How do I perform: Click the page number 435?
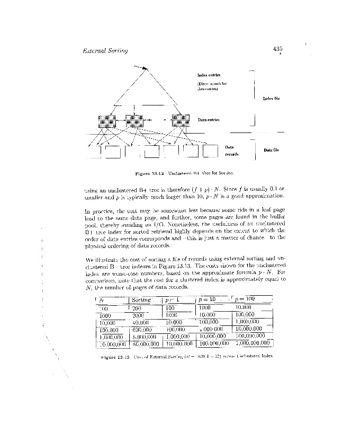[278, 49]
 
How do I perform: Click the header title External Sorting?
[106, 51]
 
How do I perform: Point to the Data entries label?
[209, 120]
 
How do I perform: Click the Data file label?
[272, 150]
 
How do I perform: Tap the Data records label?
[231, 151]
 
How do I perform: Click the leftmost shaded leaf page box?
[106, 121]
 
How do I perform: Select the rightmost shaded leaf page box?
[181, 121]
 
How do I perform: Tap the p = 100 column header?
[246, 300]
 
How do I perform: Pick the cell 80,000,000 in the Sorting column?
[145, 343]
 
